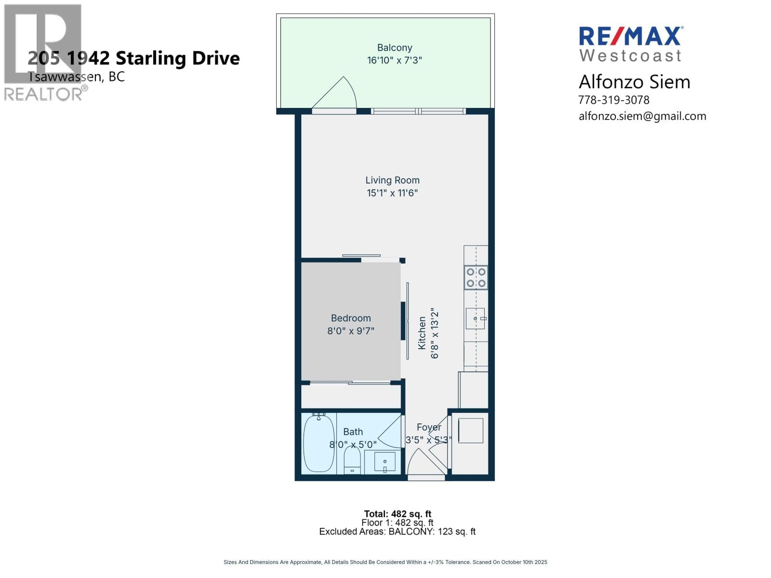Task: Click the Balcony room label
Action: click(395, 47)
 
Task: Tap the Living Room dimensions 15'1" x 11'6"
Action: click(392, 193)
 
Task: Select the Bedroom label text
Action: click(351, 318)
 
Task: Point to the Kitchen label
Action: click(422, 333)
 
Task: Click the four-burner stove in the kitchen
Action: click(476, 277)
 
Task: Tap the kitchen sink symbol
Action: click(475, 319)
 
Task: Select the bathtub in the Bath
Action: click(319, 443)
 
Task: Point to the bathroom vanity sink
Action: click(385, 462)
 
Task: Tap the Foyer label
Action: click(428, 427)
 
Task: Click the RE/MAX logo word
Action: click(630, 36)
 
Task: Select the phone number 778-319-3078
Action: click(613, 100)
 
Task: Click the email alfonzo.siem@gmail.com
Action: click(642, 116)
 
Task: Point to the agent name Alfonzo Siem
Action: click(634, 82)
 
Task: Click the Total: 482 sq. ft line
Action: click(397, 514)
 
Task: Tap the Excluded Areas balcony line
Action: click(397, 531)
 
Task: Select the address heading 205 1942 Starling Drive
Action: click(133, 58)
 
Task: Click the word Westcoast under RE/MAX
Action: click(630, 55)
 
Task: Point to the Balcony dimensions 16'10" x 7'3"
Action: click(395, 60)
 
